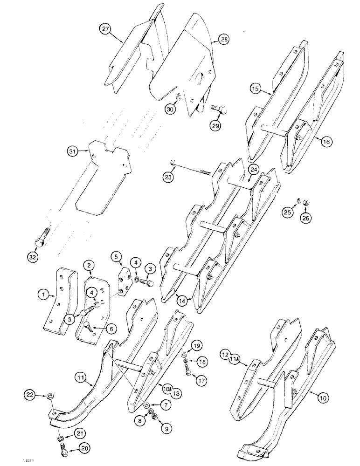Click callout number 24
253,170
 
